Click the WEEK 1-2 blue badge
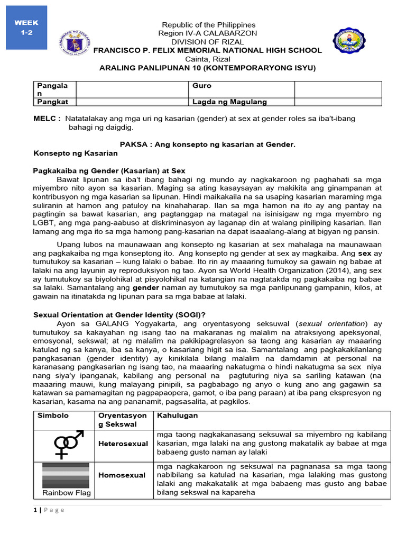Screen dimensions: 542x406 (26, 28)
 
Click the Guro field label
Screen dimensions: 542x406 (202, 85)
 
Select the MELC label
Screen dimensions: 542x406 (47, 119)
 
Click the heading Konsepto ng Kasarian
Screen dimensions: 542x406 (75, 153)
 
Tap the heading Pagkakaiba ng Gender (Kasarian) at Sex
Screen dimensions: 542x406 (109, 170)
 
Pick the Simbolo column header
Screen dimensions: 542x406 (53, 415)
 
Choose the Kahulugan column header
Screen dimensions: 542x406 (175, 415)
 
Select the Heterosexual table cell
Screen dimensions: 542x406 (123, 444)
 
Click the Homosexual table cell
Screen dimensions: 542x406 (122, 475)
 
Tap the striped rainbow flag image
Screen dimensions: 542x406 (66, 475)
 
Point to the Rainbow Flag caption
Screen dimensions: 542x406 (66, 493)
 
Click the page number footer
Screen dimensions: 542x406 (49, 510)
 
